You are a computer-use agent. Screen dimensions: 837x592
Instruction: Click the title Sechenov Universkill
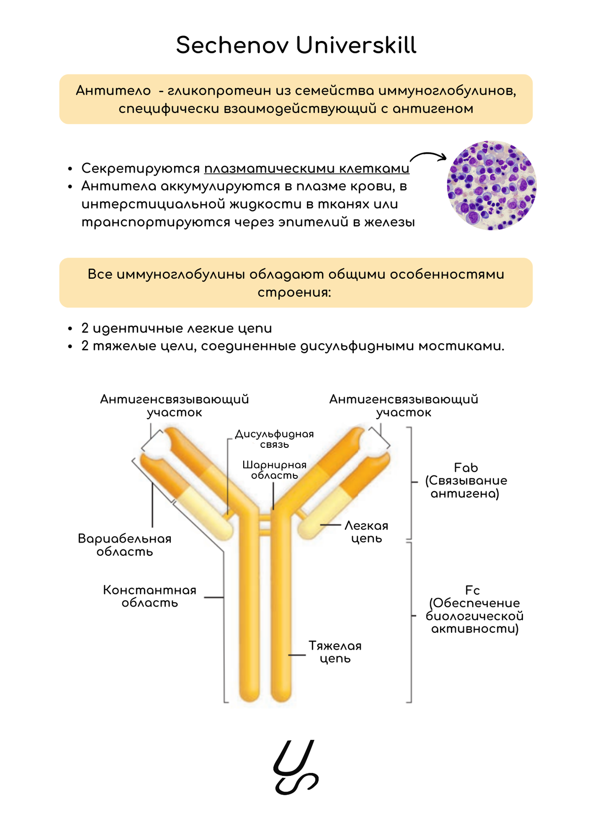296,45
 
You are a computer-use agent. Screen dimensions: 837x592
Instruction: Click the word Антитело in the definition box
113,91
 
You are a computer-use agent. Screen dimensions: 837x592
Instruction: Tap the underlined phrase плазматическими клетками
306,169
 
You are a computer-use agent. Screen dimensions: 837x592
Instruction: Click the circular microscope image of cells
491,185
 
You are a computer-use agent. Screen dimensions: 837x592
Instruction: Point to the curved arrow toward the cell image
427,156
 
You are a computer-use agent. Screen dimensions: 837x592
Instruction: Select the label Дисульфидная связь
274,439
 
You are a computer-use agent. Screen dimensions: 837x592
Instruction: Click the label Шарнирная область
274,470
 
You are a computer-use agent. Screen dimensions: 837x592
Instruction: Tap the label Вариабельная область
124,545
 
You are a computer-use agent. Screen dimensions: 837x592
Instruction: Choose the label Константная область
149,596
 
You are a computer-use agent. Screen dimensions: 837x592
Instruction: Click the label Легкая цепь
367,532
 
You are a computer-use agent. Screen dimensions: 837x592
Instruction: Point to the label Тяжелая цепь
335,652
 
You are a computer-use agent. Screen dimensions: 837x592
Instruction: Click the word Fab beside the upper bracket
466,468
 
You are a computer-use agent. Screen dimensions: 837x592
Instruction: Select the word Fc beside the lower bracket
472,590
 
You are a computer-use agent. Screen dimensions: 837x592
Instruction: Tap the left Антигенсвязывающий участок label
174,405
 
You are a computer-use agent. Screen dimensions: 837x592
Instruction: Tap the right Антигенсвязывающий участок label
404,405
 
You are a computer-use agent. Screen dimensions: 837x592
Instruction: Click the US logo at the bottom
296,767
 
